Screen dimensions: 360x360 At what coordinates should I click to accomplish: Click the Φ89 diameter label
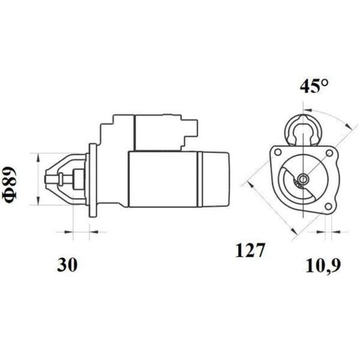tap(9, 185)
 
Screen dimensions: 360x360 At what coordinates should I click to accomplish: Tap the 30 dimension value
tap(67, 264)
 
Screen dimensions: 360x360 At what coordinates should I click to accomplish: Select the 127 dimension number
tap(250, 250)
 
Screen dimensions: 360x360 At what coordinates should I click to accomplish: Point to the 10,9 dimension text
tap(323, 266)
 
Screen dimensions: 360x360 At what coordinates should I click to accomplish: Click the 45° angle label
tap(314, 86)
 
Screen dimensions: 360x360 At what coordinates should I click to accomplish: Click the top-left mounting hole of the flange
tap(278, 152)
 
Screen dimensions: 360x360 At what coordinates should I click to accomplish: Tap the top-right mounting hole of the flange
tap(329, 153)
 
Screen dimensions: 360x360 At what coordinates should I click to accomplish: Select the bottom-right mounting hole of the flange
tap(329, 206)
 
